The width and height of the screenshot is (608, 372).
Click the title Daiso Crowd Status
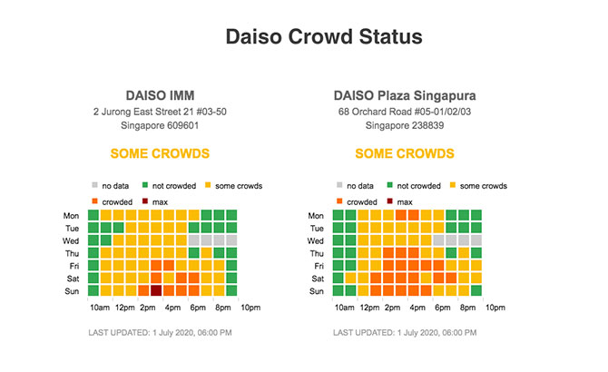(x=323, y=37)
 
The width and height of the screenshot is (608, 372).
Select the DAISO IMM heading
(x=160, y=95)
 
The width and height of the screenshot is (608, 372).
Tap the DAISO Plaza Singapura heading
(x=405, y=95)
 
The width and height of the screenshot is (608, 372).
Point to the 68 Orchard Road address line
(x=405, y=111)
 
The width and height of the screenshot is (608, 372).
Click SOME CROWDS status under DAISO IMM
(x=160, y=154)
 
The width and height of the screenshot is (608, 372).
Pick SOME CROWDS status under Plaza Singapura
(x=405, y=154)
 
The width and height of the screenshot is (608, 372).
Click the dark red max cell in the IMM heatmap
(x=156, y=291)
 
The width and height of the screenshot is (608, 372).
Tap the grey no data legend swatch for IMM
(x=94, y=186)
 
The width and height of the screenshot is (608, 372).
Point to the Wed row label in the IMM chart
(x=71, y=241)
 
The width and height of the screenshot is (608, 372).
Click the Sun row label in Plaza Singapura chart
(x=317, y=291)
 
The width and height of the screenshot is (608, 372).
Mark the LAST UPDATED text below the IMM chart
(x=160, y=334)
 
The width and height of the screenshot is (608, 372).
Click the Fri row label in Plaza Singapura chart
(x=318, y=267)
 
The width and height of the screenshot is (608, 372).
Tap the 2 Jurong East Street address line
(x=160, y=111)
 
